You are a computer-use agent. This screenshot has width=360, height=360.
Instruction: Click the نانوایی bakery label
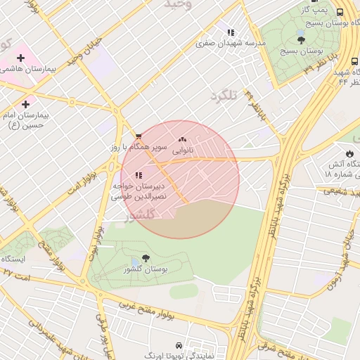click(182, 150)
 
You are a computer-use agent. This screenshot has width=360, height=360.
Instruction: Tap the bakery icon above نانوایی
click(183, 140)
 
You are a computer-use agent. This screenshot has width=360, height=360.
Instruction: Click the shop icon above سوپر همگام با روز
click(139, 136)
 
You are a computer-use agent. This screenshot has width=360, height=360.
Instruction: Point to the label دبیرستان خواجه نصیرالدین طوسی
click(139, 191)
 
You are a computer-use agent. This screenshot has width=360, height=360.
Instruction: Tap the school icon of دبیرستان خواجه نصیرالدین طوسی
click(139, 174)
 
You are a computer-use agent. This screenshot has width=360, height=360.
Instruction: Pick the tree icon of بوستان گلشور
click(145, 258)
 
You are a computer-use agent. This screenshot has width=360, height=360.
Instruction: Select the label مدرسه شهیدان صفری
click(231, 43)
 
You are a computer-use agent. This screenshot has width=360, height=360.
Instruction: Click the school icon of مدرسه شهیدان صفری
click(230, 32)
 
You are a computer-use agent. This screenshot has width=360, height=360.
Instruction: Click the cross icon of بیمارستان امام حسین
click(26, 104)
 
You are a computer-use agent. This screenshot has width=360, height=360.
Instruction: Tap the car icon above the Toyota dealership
click(179, 346)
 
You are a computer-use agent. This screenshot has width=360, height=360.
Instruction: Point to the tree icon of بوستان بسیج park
click(302, 40)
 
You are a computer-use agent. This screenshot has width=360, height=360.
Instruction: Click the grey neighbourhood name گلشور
click(139, 217)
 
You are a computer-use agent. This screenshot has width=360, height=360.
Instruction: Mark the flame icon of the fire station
click(349, 153)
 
